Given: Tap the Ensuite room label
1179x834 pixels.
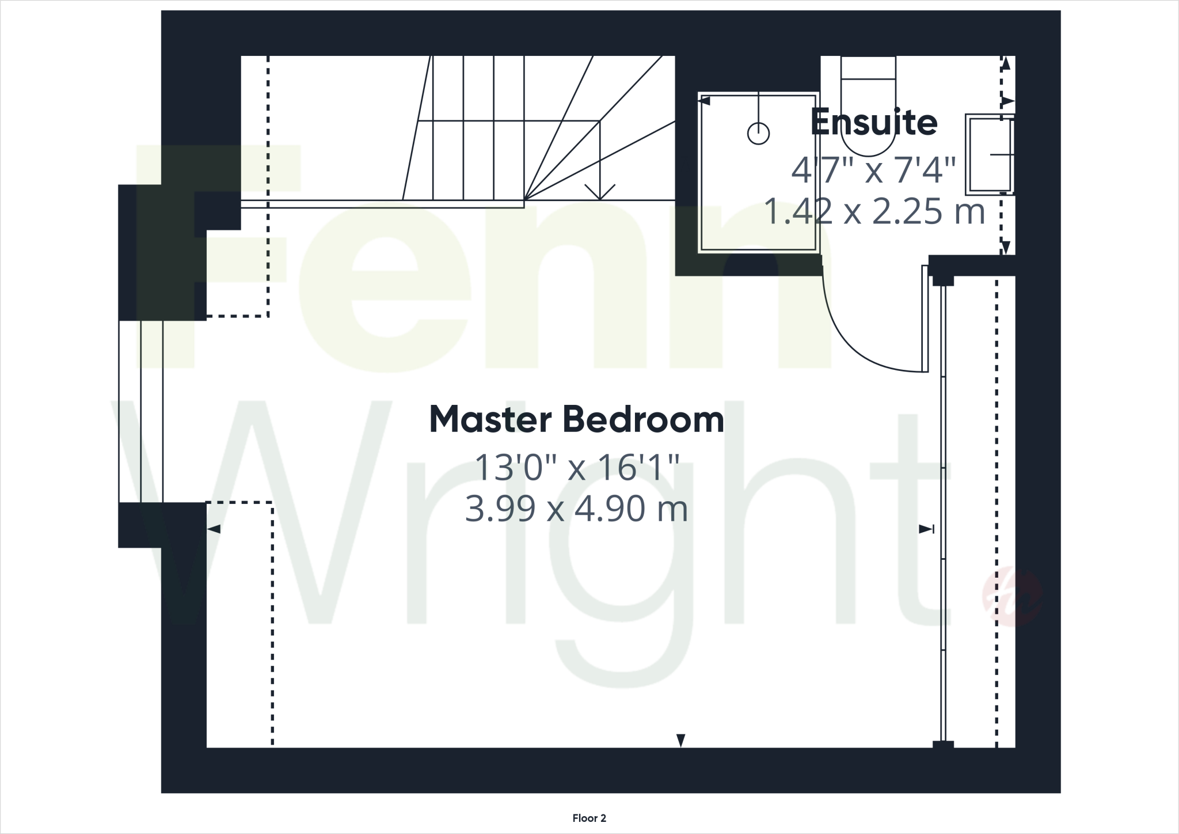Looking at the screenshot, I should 873,122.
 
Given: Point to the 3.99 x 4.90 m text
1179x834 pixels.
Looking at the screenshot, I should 576,509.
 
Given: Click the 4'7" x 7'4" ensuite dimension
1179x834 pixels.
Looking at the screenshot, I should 873,170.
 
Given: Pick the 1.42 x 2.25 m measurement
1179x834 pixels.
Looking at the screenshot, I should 873,211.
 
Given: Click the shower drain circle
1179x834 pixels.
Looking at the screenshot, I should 758,134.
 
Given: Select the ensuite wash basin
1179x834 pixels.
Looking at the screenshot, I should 990,154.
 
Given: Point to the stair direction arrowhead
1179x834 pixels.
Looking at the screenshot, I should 600,193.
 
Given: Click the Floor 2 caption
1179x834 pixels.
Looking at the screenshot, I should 589,818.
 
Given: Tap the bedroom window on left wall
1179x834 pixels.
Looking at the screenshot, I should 141,411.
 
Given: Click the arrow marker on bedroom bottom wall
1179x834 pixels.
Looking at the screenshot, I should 680,740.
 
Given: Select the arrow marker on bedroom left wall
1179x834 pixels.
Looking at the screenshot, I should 213,529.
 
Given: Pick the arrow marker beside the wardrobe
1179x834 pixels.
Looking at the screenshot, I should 926,529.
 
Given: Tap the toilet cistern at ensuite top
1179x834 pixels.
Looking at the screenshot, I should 868,67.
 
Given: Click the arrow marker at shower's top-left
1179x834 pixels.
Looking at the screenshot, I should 704,101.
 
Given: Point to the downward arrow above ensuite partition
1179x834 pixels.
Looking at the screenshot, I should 1005,247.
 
